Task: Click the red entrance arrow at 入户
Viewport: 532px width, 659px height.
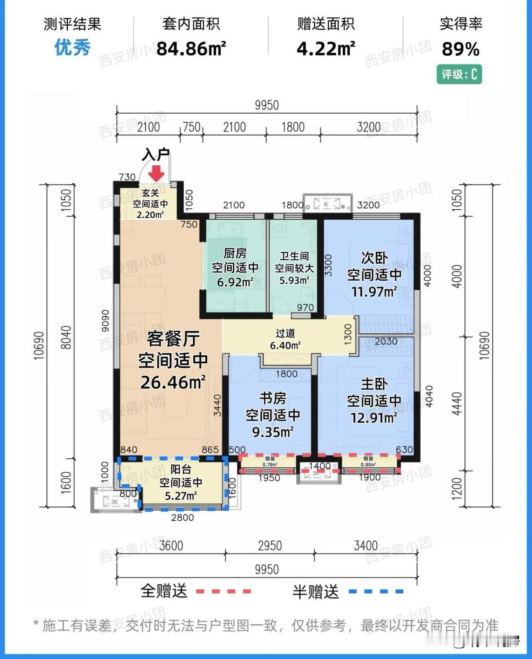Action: coord(157,174)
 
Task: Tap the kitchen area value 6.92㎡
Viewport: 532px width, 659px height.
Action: coord(235,282)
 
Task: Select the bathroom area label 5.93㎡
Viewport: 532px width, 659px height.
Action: coord(294,281)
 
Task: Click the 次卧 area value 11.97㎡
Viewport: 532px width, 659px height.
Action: coord(374,292)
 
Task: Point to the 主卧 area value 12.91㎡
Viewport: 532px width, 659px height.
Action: coord(374,418)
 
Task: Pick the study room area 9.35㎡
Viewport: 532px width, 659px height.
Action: coord(273,432)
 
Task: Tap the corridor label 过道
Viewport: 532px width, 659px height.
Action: coord(285,333)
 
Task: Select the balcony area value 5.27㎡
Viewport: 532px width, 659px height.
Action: coord(181,496)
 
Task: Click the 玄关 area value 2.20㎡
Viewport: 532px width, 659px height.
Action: coord(150,215)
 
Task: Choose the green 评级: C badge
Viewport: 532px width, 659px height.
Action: coord(459,75)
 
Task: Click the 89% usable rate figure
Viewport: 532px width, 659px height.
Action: coord(461,49)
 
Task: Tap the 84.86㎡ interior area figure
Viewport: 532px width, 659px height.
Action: coord(191,49)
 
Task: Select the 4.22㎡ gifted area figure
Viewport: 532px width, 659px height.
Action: coord(326,49)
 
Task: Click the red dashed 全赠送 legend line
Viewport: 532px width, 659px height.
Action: coord(224,591)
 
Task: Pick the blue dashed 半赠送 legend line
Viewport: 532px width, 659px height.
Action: coord(376,591)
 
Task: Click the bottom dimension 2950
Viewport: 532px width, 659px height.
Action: coord(270,546)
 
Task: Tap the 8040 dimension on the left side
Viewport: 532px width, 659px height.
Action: coord(66,337)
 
